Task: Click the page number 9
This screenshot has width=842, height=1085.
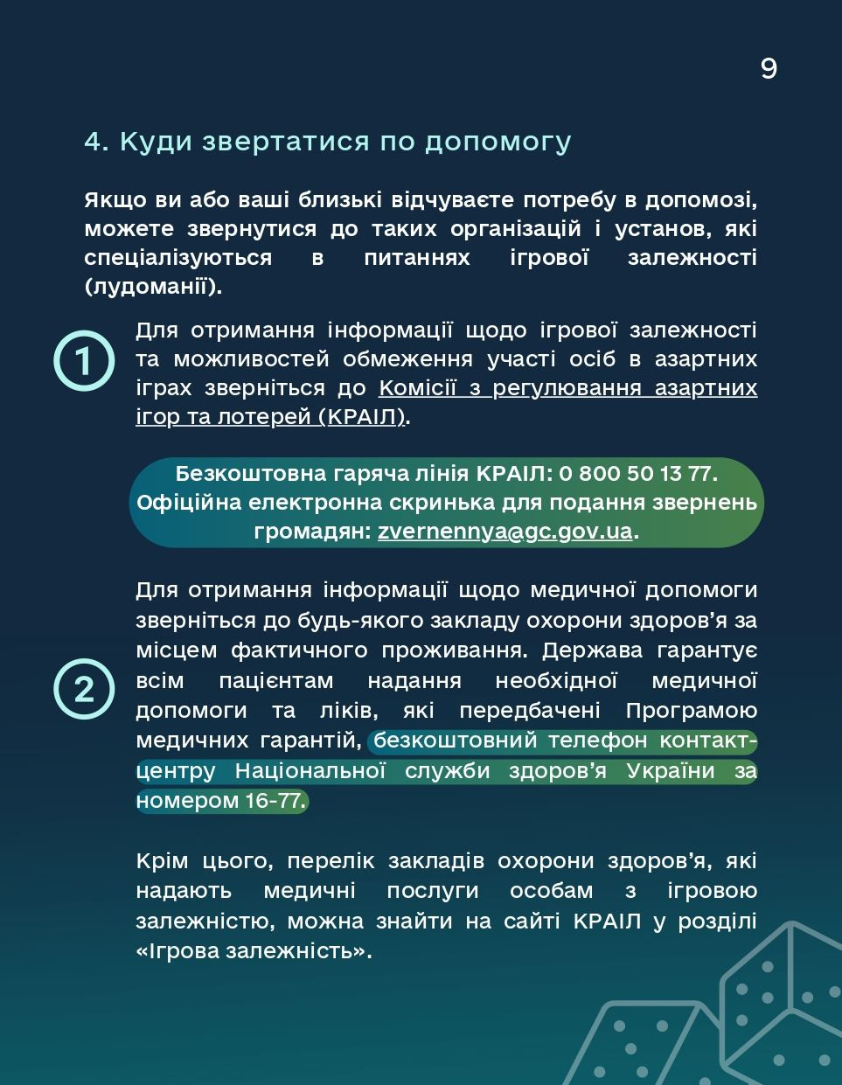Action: [769, 68]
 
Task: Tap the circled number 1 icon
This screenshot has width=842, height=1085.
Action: [84, 360]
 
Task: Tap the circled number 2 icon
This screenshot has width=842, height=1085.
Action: [84, 689]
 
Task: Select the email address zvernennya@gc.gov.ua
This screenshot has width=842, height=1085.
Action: [505, 532]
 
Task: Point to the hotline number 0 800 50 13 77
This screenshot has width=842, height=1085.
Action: [636, 474]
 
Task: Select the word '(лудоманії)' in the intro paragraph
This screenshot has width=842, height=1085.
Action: [153, 286]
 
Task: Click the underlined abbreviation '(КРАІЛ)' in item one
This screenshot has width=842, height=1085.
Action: [363, 417]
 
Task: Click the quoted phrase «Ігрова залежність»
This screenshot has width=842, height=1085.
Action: [254, 950]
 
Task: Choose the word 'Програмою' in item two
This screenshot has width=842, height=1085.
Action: [692, 710]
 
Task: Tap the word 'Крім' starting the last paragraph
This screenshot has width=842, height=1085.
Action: [162, 861]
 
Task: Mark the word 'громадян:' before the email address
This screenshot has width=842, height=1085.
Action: [312, 532]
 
